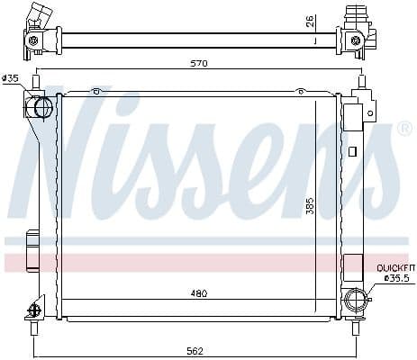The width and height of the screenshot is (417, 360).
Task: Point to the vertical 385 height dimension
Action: pos(309,204)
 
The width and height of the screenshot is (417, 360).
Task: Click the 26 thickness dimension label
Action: pos(309,19)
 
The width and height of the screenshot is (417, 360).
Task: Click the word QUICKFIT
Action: pos(395,267)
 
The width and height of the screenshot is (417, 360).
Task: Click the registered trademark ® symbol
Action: pos(404,129)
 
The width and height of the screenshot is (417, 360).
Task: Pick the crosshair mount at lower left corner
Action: pos(36,309)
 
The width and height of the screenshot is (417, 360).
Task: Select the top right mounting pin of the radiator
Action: pos(361,84)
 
